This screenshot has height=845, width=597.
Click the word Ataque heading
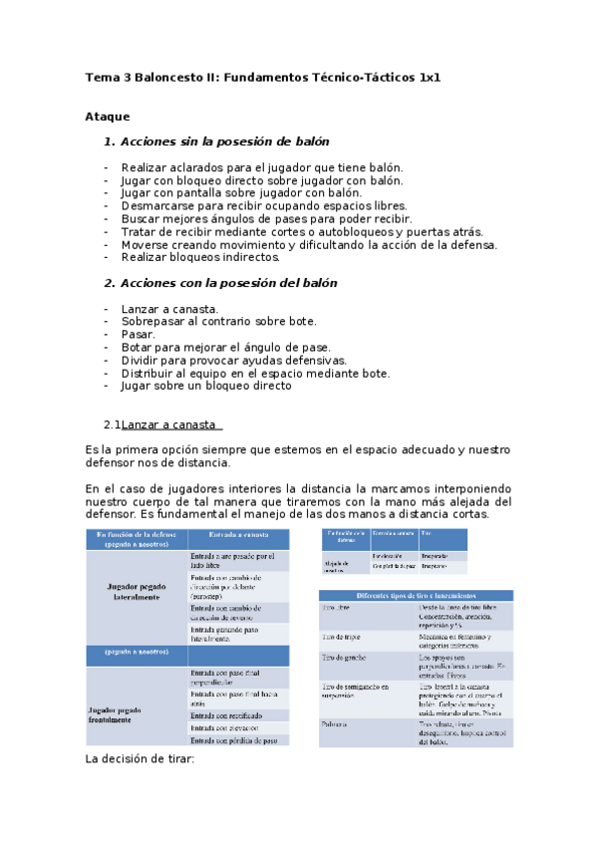click(x=108, y=117)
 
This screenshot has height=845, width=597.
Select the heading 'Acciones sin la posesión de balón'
click(x=224, y=142)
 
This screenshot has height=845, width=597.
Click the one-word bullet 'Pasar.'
click(x=139, y=335)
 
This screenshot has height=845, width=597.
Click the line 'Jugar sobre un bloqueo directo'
click(x=206, y=386)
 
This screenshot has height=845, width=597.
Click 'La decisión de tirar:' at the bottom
click(x=141, y=759)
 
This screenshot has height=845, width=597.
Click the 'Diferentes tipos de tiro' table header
click(x=414, y=595)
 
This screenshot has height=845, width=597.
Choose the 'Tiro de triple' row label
click(x=342, y=634)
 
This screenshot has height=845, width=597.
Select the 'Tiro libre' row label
click(x=336, y=608)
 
